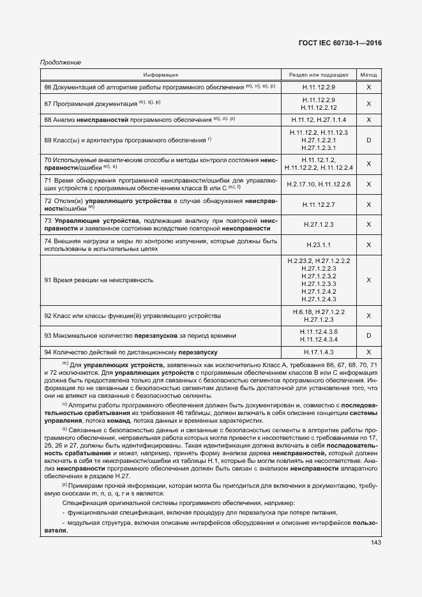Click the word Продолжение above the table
[60, 62]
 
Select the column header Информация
[160, 75]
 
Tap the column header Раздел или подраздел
[319, 75]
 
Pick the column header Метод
[368, 75]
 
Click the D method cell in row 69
[368, 140]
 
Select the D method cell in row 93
[368, 335]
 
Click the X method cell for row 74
[368, 245]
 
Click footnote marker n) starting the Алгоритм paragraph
[64, 405]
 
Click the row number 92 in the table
[48, 316]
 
